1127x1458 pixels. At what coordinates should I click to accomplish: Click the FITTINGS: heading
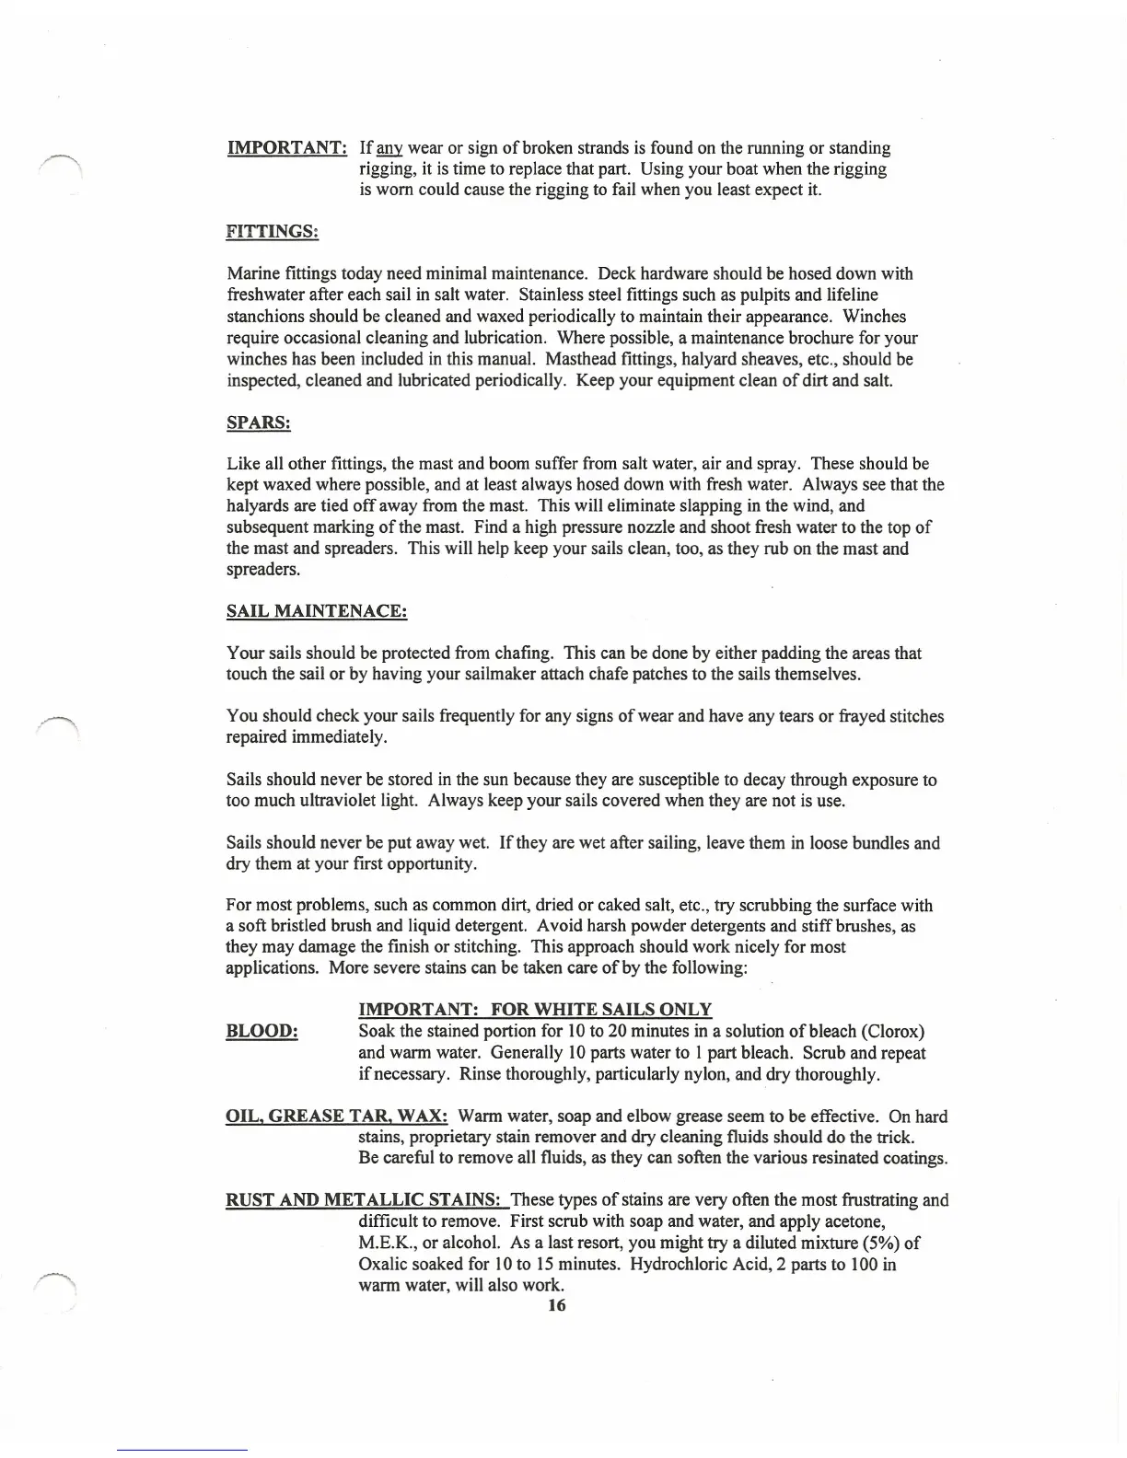273,232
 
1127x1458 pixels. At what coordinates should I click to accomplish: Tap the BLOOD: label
261,1032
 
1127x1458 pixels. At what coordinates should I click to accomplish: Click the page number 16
556,1305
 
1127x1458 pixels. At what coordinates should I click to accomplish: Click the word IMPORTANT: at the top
286,148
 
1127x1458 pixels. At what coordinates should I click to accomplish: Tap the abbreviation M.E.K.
383,1244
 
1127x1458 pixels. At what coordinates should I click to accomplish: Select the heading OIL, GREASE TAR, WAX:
337,1117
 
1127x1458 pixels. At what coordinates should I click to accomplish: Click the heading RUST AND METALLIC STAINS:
365,1200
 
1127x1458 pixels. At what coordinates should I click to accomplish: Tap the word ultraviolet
337,801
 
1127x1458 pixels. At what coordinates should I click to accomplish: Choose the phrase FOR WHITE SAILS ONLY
601,1010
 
